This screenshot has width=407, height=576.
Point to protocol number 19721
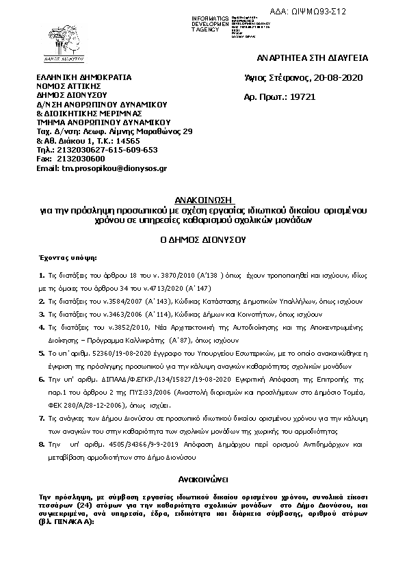point(303,97)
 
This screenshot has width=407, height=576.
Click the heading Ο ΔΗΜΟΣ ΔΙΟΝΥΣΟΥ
point(202,240)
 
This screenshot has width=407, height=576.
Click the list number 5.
point(42,354)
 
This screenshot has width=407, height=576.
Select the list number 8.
point(42,445)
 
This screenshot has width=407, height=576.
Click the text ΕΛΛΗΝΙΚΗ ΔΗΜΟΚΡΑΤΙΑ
point(83,78)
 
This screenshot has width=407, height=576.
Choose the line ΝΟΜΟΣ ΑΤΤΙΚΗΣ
point(68,87)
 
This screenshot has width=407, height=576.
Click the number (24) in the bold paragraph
point(81,504)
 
